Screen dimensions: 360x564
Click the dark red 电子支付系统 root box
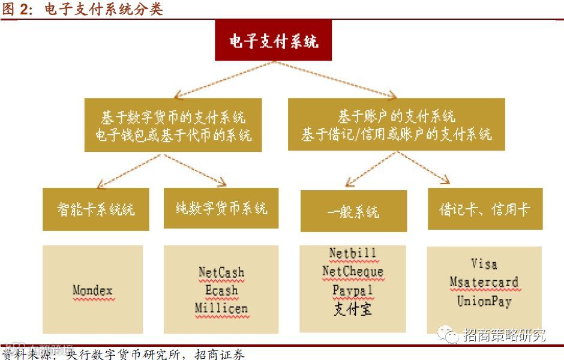(x=273, y=41)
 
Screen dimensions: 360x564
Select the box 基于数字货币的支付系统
(x=173, y=125)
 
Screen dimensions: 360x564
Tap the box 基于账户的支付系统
(x=397, y=124)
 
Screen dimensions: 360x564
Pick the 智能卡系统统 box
(x=96, y=209)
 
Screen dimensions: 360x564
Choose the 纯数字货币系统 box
(x=221, y=208)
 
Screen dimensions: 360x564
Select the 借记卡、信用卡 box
(x=485, y=209)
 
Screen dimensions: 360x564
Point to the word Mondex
(x=92, y=291)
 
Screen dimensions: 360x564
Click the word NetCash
(x=221, y=272)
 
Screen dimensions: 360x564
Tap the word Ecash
(x=221, y=290)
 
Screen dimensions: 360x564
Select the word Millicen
(x=221, y=308)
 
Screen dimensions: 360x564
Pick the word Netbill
(x=353, y=253)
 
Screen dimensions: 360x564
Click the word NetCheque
(x=353, y=272)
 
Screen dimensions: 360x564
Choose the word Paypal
(x=353, y=290)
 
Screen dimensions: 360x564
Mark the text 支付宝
(x=353, y=309)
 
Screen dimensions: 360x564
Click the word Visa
(x=484, y=264)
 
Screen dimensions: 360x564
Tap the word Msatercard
(x=484, y=282)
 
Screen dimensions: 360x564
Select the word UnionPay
(x=484, y=301)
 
